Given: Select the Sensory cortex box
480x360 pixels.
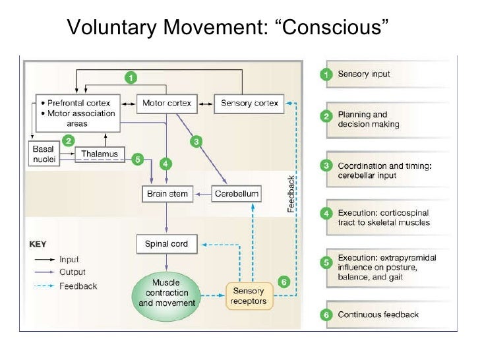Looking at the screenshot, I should [250, 104].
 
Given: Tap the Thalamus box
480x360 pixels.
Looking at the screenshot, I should [100, 154].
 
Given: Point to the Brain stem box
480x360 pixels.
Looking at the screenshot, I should [166, 194].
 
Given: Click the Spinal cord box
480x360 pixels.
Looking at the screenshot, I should [166, 244].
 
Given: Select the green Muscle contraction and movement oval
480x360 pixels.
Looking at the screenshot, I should [167, 293].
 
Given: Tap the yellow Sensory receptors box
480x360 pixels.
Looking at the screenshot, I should [249, 295].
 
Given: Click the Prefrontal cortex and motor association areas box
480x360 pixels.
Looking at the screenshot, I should [76, 113].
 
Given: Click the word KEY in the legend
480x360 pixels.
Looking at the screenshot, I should [38, 243].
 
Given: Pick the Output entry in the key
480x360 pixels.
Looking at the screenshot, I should [72, 272].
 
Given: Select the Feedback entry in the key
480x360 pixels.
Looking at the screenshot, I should [78, 286].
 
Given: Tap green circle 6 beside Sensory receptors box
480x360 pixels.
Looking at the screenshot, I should [284, 282].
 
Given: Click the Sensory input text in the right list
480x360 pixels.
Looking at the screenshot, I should [363, 74].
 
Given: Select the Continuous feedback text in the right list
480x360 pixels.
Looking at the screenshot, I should [378, 315].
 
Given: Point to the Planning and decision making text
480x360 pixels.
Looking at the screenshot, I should [369, 119].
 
